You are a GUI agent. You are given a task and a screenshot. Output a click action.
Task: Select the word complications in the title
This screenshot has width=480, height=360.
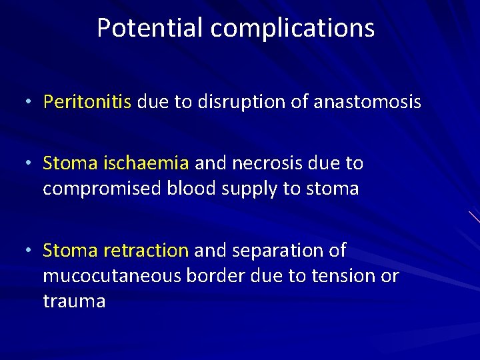(293, 28)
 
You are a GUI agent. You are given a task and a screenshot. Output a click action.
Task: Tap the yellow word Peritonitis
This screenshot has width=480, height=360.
(87, 102)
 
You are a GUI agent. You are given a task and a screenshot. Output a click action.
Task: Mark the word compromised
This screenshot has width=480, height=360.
(101, 189)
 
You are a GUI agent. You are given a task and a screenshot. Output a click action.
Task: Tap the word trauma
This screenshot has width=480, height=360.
(74, 302)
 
